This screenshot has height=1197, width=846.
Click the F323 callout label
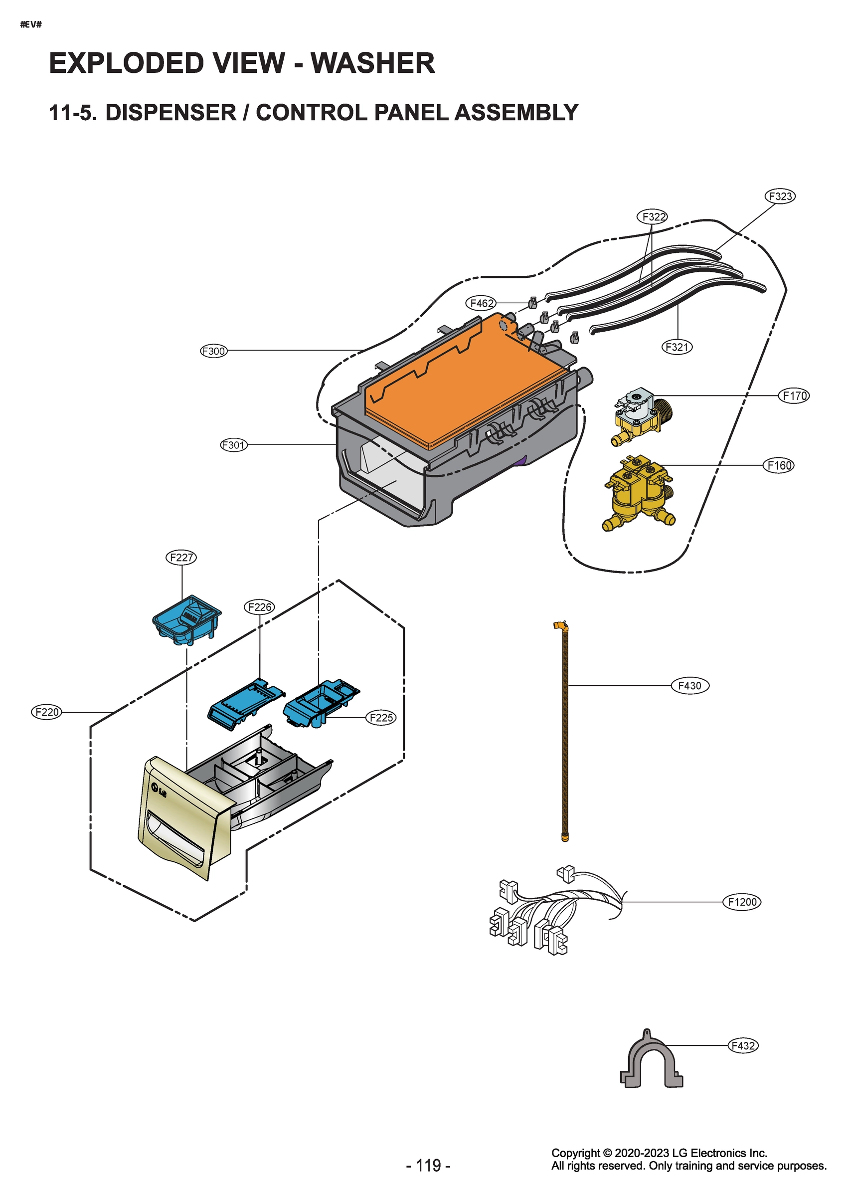click(780, 197)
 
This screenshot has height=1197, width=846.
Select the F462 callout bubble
click(481, 303)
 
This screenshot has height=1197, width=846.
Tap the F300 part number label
click(214, 351)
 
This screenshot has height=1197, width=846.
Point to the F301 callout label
click(233, 445)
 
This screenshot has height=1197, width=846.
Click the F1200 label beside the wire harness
click(741, 902)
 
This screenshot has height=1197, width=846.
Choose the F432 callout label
click(742, 1045)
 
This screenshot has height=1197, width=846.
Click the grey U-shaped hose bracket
click(651, 1064)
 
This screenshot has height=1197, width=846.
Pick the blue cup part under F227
click(186, 620)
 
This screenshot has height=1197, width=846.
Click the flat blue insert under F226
click(245, 702)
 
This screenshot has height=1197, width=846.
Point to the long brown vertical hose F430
click(565, 730)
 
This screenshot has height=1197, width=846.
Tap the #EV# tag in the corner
click(31, 24)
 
